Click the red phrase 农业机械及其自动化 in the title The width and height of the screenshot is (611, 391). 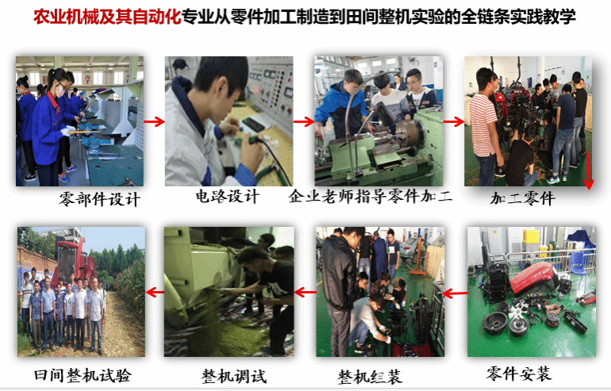107,17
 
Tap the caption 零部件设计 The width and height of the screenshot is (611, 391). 99,199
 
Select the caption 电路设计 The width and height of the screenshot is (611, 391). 227,196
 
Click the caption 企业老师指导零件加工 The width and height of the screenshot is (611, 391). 371,196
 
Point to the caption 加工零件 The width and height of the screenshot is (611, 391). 523,198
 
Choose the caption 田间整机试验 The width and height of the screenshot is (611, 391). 83,375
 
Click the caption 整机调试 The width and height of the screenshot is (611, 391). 234,377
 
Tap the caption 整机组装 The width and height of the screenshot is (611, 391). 370,377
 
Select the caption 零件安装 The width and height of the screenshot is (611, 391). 518,374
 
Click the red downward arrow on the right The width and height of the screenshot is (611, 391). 588,171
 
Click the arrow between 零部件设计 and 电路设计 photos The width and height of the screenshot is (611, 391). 154,122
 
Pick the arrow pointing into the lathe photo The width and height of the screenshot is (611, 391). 304,122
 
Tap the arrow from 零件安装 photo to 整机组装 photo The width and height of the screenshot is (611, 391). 455,293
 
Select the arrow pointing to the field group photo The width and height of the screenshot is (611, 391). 155,292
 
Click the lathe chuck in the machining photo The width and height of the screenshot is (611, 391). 409,132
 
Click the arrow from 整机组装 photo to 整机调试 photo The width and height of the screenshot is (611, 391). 305,292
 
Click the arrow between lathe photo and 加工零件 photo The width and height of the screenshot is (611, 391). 454,122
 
